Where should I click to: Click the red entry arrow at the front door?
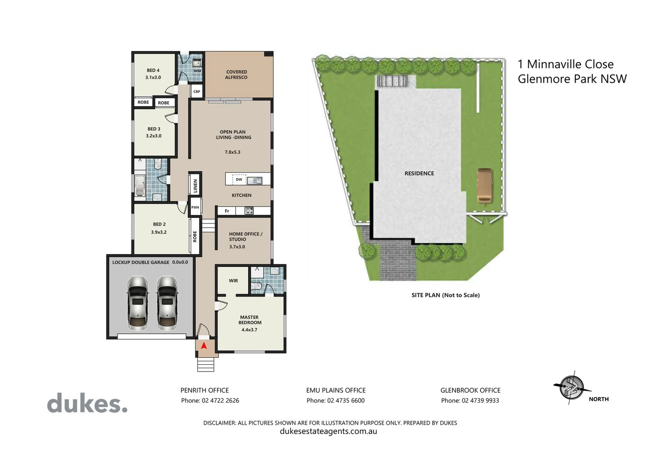(x=204, y=345)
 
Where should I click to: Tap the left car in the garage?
(x=138, y=303)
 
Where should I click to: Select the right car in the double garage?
(x=167, y=303)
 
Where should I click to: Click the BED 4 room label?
(x=153, y=71)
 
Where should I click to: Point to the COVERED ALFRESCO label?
(x=236, y=74)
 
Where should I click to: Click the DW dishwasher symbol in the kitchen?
(x=239, y=180)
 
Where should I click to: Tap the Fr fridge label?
(x=227, y=211)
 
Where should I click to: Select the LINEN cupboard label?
(x=195, y=186)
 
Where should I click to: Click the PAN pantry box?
(x=195, y=207)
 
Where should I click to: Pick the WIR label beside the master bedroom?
(x=233, y=281)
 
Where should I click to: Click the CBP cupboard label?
(x=196, y=91)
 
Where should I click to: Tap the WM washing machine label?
(x=197, y=71)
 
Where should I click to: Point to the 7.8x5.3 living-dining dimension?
(x=232, y=152)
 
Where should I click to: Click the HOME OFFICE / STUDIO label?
(x=245, y=237)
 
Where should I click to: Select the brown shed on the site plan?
(x=484, y=185)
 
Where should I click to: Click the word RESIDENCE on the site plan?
(x=419, y=174)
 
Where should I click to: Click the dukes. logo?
(x=87, y=404)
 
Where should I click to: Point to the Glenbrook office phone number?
(x=470, y=400)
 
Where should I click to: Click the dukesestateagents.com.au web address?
(x=328, y=431)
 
